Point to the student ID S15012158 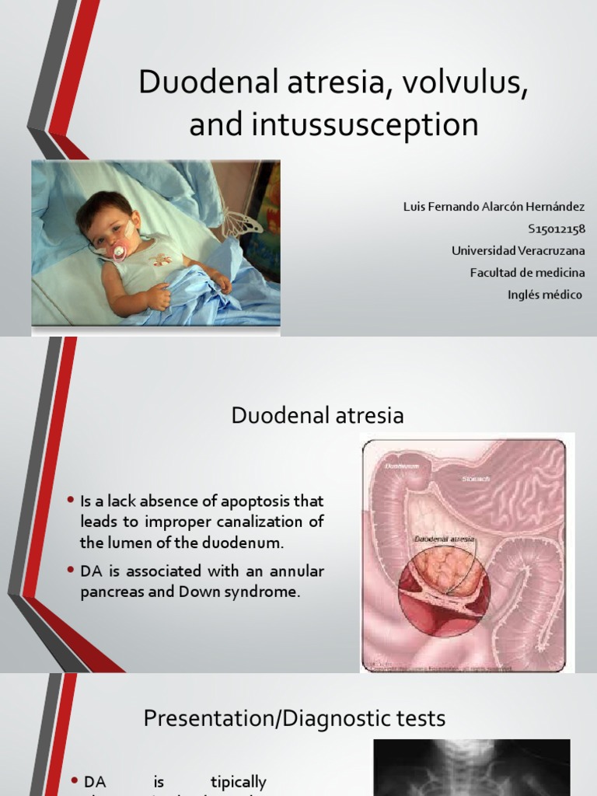click(x=556, y=229)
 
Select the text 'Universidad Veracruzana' click(x=518, y=250)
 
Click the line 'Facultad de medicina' click(x=528, y=273)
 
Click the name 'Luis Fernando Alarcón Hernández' click(x=494, y=207)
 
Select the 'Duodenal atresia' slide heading click(x=317, y=416)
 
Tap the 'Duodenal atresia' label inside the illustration click(x=442, y=538)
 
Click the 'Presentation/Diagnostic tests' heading click(x=295, y=718)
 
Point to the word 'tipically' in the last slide click(x=239, y=782)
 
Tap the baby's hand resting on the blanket click(x=159, y=296)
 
